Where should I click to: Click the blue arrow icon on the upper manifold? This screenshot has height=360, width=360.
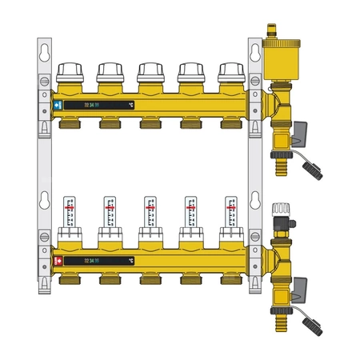[x=59, y=105]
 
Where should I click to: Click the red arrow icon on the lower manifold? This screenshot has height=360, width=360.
[x=59, y=262]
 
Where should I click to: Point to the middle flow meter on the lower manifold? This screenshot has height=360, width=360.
[x=150, y=211]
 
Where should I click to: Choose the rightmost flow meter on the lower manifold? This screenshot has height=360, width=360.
[x=231, y=211]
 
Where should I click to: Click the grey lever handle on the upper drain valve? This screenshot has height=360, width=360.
[x=302, y=128]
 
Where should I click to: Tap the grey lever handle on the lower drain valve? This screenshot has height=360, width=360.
[x=302, y=283]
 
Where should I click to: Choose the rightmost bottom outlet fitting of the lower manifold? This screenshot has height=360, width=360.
[x=231, y=281]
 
